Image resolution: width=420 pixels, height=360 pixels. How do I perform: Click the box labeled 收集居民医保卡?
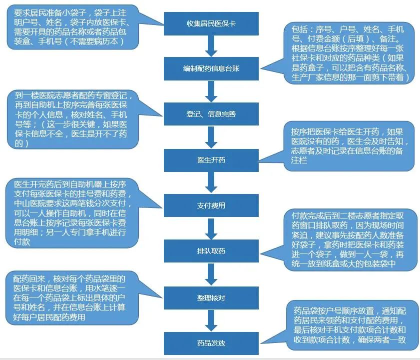(211, 23)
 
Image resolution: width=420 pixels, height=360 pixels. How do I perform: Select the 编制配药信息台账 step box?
(211, 68)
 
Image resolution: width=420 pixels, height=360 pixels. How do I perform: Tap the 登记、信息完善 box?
(211, 114)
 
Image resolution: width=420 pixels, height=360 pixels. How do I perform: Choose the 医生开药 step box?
(211, 160)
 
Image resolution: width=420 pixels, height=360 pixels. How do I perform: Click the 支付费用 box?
(211, 205)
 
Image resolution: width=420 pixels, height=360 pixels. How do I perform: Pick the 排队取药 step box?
(211, 251)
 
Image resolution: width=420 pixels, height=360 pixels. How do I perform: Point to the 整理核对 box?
(211, 298)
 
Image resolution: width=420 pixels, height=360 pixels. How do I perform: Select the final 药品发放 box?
(211, 343)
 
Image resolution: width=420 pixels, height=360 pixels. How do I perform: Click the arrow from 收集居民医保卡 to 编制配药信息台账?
(211, 46)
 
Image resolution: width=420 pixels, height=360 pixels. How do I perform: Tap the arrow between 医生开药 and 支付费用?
(211, 182)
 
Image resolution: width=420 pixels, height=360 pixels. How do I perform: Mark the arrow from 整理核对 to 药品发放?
(211, 320)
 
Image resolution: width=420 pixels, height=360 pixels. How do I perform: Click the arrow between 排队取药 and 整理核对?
(211, 274)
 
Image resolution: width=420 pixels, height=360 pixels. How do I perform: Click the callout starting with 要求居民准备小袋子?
(73, 27)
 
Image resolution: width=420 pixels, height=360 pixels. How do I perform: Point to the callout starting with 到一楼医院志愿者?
(73, 119)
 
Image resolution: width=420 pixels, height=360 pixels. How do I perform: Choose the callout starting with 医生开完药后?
(72, 213)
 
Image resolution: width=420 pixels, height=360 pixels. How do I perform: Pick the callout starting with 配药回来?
(72, 298)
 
